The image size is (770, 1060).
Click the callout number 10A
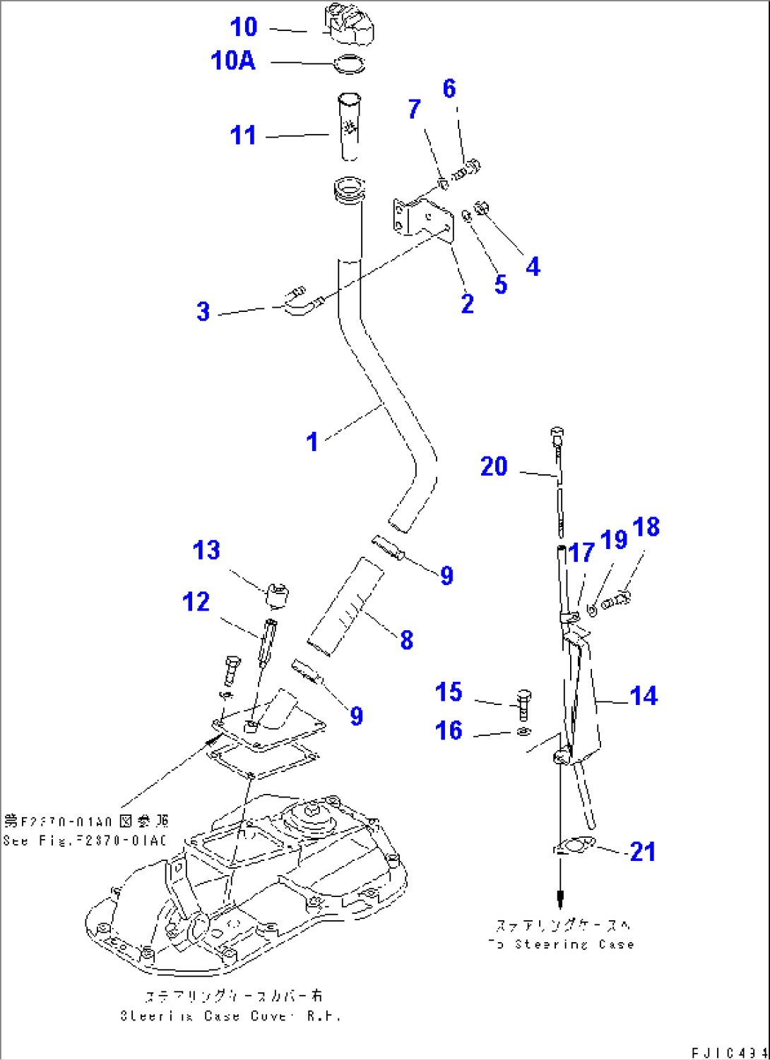coord(233,61)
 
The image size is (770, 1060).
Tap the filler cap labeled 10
coord(348,26)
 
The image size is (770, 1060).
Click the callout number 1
coord(312,442)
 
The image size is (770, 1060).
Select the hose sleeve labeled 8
coord(346,606)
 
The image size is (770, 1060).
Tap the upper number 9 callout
coord(446,575)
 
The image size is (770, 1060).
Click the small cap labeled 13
coord(278,596)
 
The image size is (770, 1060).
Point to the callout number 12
coord(196,602)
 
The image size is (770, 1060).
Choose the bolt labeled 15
coord(524,704)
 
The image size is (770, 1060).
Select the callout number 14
coord(643,696)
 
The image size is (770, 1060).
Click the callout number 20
coord(494,466)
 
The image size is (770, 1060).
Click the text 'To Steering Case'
coord(561,944)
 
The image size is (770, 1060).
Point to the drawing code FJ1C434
coord(729,1052)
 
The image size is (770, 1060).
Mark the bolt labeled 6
coord(468,169)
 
